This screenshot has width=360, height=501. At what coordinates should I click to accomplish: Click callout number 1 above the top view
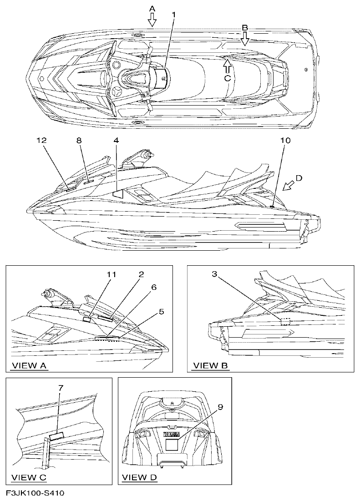[173, 15]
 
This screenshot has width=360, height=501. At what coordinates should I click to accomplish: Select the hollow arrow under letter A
[152, 19]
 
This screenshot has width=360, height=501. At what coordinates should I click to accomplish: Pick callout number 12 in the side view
[42, 141]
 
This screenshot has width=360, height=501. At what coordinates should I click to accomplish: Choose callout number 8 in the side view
[79, 141]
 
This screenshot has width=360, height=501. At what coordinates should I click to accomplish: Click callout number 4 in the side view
[117, 141]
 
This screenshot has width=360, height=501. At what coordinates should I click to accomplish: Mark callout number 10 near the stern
[285, 141]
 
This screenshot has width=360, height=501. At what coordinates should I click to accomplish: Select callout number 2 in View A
[142, 274]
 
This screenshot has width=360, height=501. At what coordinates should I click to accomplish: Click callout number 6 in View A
[154, 288]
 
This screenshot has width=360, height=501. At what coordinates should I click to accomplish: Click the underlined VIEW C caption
[29, 477]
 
